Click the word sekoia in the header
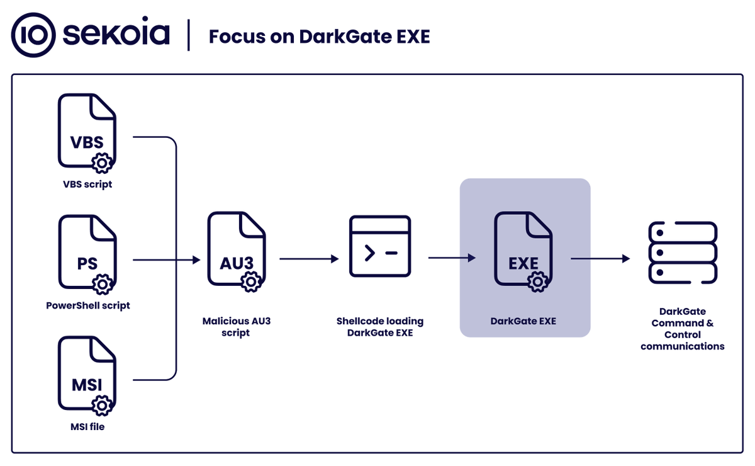116,35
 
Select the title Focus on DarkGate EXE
319,37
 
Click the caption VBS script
87,185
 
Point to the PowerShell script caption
88,305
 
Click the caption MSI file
87,426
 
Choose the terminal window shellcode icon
380,246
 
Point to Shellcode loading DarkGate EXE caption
380,326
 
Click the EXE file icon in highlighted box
523,251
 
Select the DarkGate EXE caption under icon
523,321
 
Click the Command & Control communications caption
683,329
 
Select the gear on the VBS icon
102,164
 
